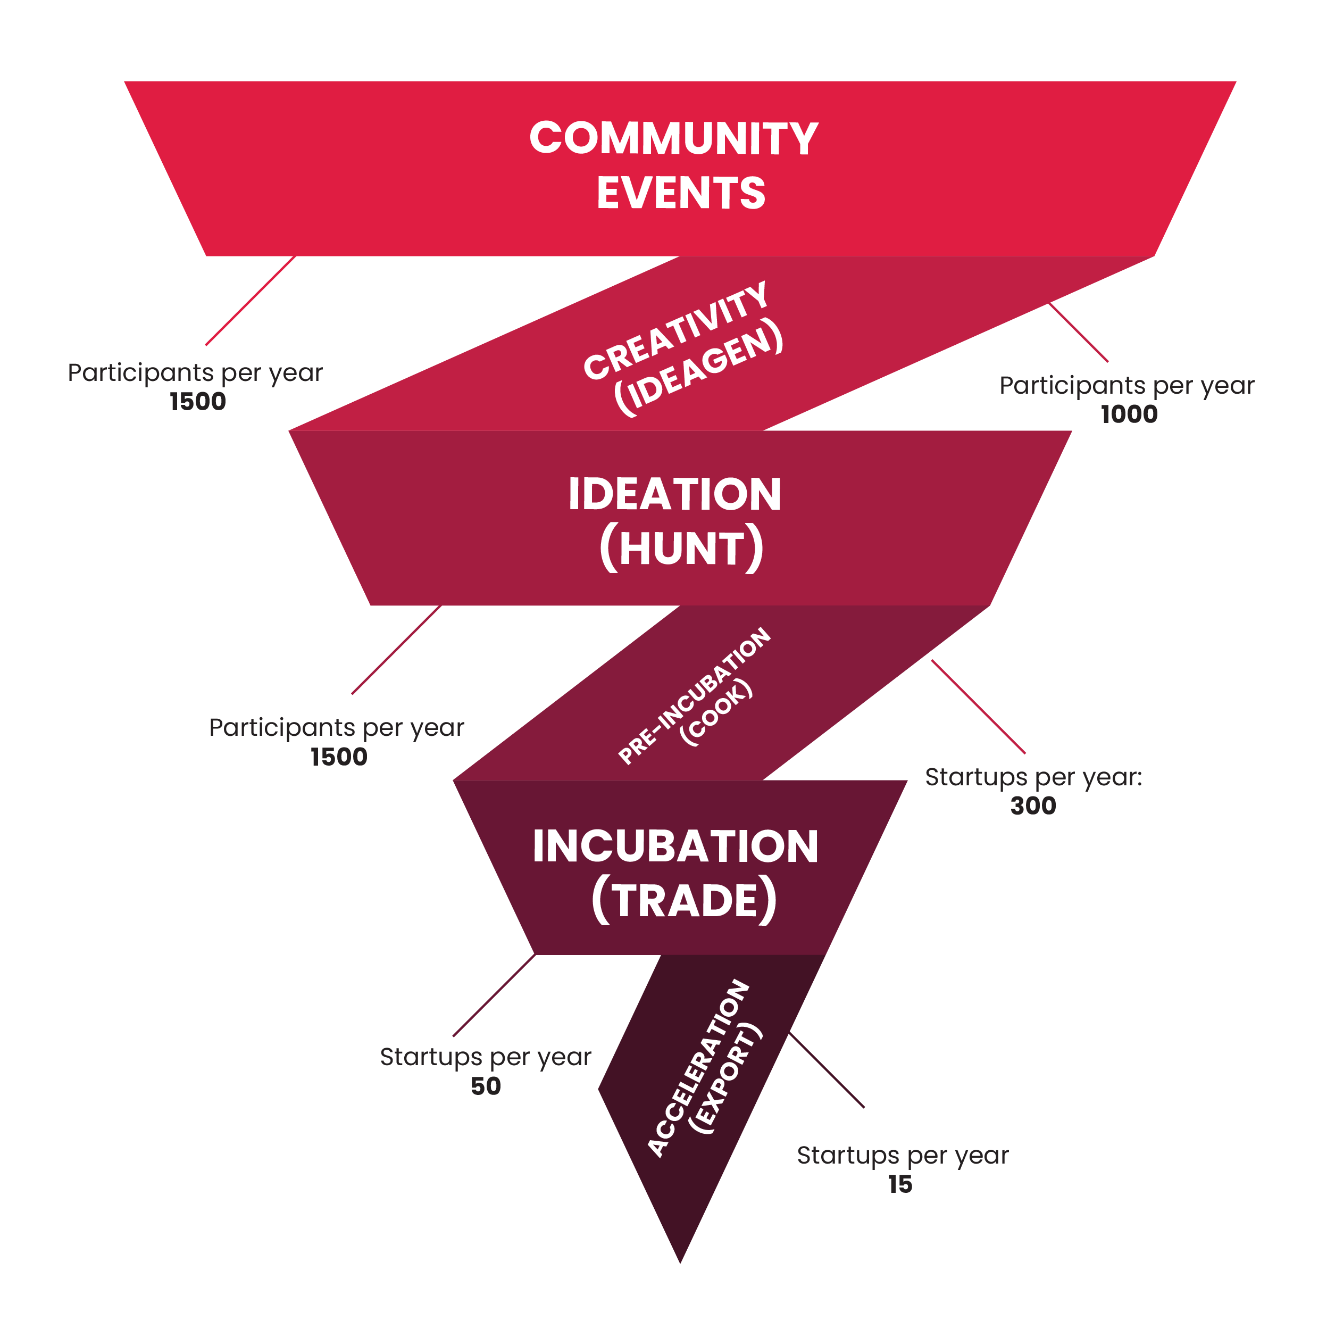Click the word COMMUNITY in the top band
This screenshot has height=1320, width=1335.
tap(674, 138)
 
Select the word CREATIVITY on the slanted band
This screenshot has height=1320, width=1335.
tap(675, 330)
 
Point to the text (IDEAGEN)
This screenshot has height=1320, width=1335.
tap(698, 367)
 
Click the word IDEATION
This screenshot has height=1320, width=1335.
tap(674, 494)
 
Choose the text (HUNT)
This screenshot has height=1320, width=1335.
tap(681, 548)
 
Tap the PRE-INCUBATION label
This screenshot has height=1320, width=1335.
tap(694, 695)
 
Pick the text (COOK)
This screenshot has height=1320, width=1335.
tap(716, 712)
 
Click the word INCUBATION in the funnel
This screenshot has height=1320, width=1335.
tap(675, 846)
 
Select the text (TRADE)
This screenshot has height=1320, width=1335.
tap(684, 900)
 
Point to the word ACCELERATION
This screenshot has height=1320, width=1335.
tap(698, 1068)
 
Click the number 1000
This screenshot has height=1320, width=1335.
tap(1129, 414)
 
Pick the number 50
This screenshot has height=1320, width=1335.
tap(486, 1086)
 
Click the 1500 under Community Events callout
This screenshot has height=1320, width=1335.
tap(198, 402)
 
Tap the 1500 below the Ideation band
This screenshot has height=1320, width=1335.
tap(339, 757)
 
